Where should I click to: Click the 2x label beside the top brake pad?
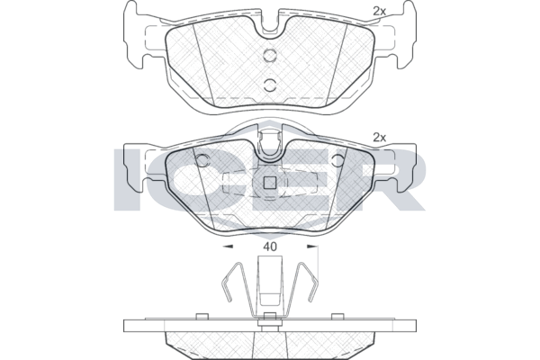point(379,12)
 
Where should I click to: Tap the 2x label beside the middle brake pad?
point(379,138)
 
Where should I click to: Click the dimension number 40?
point(270,247)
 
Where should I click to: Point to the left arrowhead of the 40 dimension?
point(228,247)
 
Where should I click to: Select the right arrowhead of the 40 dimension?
point(312,247)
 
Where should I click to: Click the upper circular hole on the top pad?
point(270,55)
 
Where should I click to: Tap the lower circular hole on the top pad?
point(270,85)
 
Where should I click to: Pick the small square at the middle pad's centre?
point(270,183)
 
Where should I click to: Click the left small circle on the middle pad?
point(202,160)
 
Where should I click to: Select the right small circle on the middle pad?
point(338,160)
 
